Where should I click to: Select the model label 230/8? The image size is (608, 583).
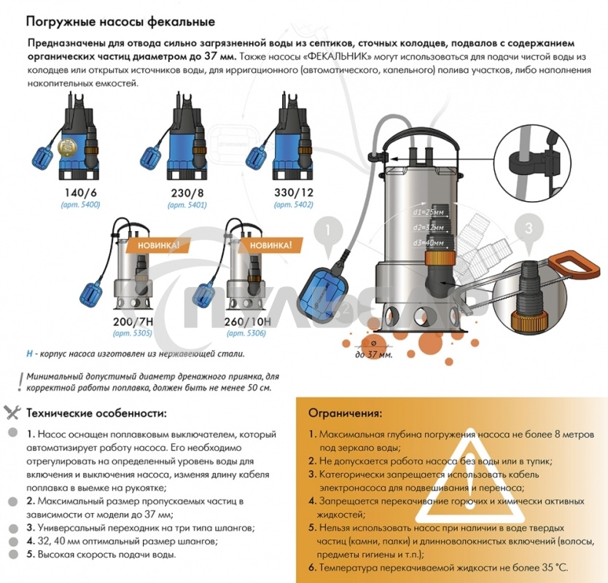click(187, 194)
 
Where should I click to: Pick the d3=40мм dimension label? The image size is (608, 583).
click(426, 243)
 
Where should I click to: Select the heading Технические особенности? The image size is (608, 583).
click(96, 413)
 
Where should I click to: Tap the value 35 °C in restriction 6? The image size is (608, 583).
click(552, 568)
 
